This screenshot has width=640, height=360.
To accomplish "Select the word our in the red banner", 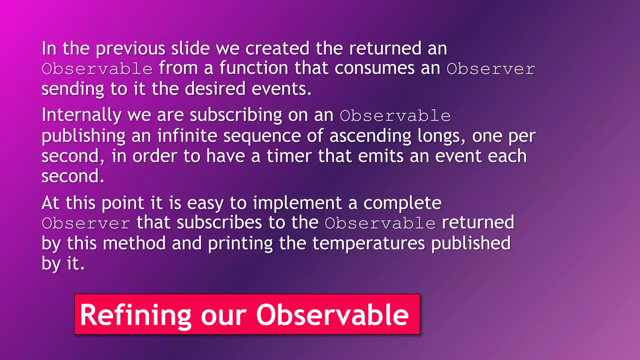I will click(x=224, y=315).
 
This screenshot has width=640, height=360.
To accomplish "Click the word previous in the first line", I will click(x=130, y=49).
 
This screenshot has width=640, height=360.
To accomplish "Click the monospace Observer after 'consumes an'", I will click(x=491, y=69).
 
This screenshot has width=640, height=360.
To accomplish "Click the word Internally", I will click(x=82, y=115).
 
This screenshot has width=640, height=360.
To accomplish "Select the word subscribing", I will click(x=236, y=115).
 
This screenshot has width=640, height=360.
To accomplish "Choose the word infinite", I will click(x=187, y=136).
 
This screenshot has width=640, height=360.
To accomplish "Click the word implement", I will click(x=297, y=203).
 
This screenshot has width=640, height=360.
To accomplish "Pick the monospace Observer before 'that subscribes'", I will click(x=86, y=223).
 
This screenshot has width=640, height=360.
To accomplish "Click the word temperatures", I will click(x=368, y=243).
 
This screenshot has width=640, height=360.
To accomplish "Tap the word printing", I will click(x=240, y=243).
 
